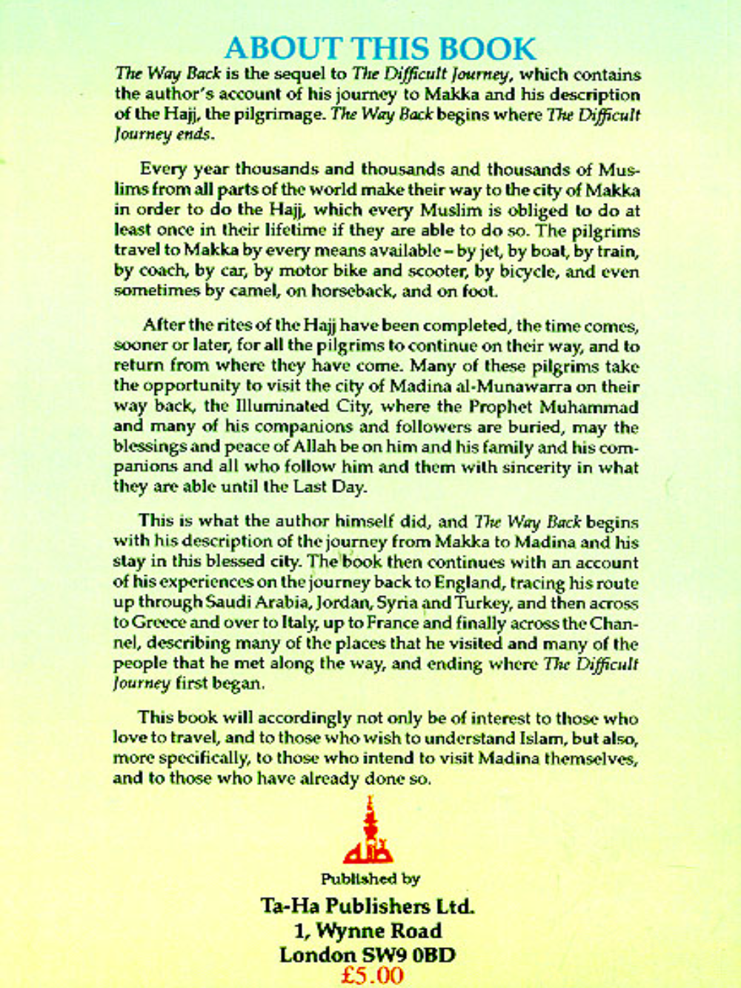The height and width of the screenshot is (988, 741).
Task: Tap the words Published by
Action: (370, 879)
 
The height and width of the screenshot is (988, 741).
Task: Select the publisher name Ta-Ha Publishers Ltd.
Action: (367, 906)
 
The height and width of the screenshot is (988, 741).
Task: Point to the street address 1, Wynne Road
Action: (367, 931)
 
